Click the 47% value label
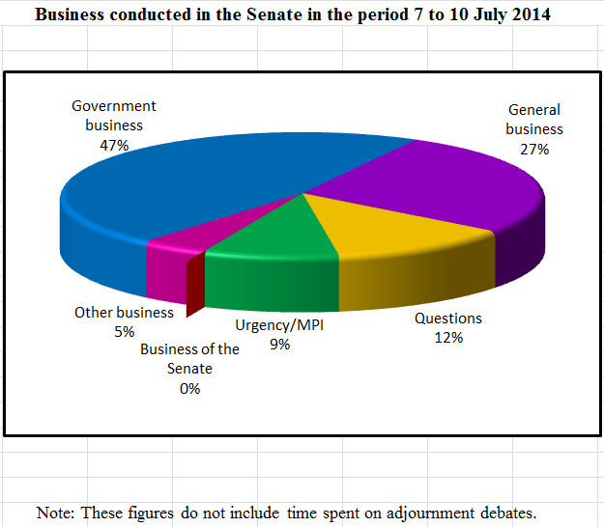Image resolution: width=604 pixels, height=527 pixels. coord(113,144)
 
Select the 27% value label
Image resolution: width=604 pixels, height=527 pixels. coord(533,149)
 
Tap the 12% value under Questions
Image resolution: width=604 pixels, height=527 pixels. coord(448,338)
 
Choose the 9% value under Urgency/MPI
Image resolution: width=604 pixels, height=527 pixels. coord(280,344)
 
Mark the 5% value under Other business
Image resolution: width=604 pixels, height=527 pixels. coord(124,332)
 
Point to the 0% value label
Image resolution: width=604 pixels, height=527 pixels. coord(189,388)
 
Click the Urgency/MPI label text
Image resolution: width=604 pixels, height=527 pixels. coord(280,325)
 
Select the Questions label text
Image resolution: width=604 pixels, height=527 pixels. coord(448,319)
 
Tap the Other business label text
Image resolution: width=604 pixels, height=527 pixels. coord(124,313)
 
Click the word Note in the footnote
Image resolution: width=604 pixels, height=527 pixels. coord(55,512)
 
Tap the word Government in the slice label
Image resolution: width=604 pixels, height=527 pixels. coord(114,106)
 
